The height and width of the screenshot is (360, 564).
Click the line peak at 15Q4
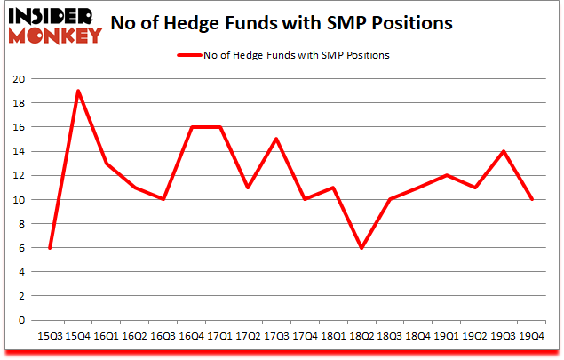pyautogui.click(x=78, y=91)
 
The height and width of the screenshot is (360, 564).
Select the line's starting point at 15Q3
pyautogui.click(x=50, y=248)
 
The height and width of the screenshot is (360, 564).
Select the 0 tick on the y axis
pyautogui.click(x=21, y=321)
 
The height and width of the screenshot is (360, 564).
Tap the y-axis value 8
pyautogui.click(x=21, y=224)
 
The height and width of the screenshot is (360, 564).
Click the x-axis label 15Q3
pyautogui.click(x=50, y=336)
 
